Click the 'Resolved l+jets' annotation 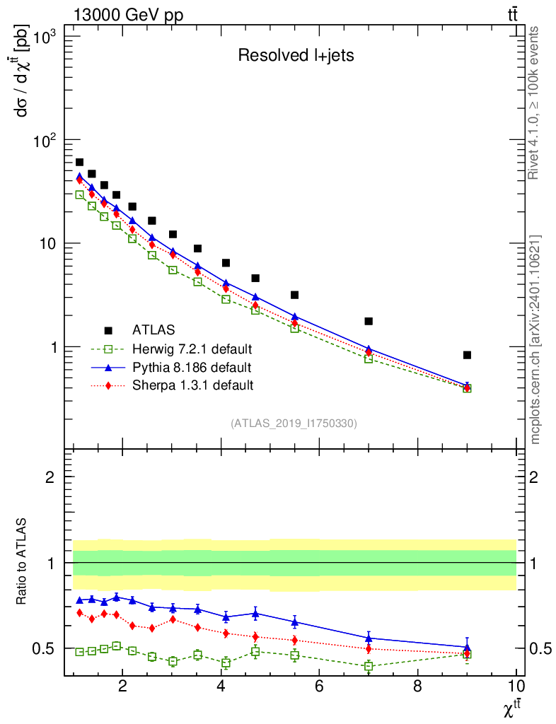click(295, 56)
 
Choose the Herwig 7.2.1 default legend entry click(192, 349)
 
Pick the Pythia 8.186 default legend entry click(191, 367)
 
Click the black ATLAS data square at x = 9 click(467, 355)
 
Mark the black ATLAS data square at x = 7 click(369, 321)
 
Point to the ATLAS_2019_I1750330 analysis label click(294, 424)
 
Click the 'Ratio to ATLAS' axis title click(23, 562)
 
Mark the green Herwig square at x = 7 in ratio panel click(369, 666)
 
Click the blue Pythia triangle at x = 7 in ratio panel click(369, 638)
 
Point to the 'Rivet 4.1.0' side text click(535, 103)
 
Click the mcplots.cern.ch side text click(535, 339)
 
